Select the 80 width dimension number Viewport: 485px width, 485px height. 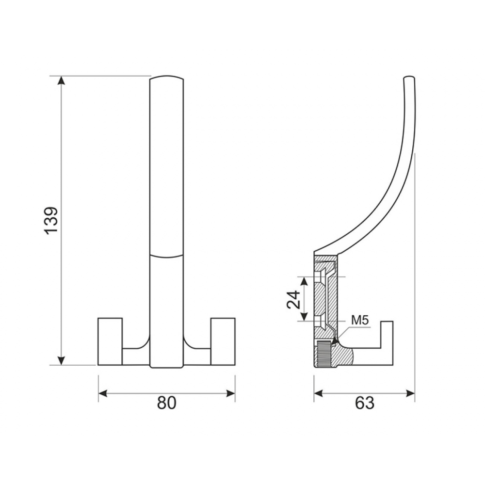pos(166,403)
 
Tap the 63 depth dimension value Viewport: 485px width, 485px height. pos(365,403)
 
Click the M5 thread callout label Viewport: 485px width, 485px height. pos(360,321)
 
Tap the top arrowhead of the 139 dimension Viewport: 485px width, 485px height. pos(62,80)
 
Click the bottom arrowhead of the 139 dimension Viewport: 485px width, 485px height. pos(62,361)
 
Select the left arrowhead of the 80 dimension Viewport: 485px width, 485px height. pos(103,393)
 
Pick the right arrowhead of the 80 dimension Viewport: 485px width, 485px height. pos(231,393)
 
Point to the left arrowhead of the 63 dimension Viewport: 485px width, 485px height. pos(318,393)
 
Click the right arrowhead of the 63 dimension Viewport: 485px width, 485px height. pos(410,393)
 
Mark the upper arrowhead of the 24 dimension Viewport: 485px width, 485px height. pos(305,281)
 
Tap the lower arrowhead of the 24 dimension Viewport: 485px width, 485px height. pos(305,317)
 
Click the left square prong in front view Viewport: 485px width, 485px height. pos(110,341)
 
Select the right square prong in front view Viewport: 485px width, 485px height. pos(223,341)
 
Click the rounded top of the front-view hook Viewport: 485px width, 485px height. pos(166,77)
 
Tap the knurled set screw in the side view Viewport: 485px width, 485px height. pos(324,354)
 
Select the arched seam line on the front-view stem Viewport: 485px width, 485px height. pos(166,256)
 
